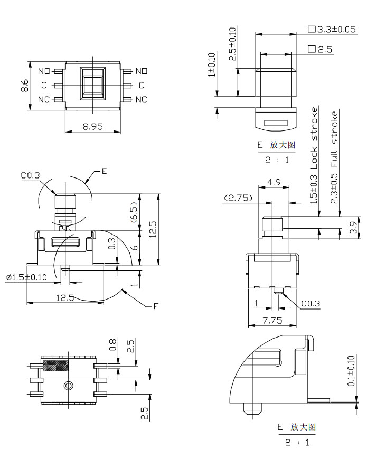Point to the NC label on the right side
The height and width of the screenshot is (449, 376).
[x=142, y=99]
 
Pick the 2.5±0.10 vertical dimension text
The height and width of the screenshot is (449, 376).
[x=233, y=44]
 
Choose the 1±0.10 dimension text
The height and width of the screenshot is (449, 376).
[x=212, y=65]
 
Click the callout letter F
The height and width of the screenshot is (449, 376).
[x=155, y=306]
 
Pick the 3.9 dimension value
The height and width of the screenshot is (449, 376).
[x=354, y=227]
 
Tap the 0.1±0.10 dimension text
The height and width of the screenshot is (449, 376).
[x=352, y=370]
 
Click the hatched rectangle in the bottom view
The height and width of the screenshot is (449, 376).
[x=55, y=365]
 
